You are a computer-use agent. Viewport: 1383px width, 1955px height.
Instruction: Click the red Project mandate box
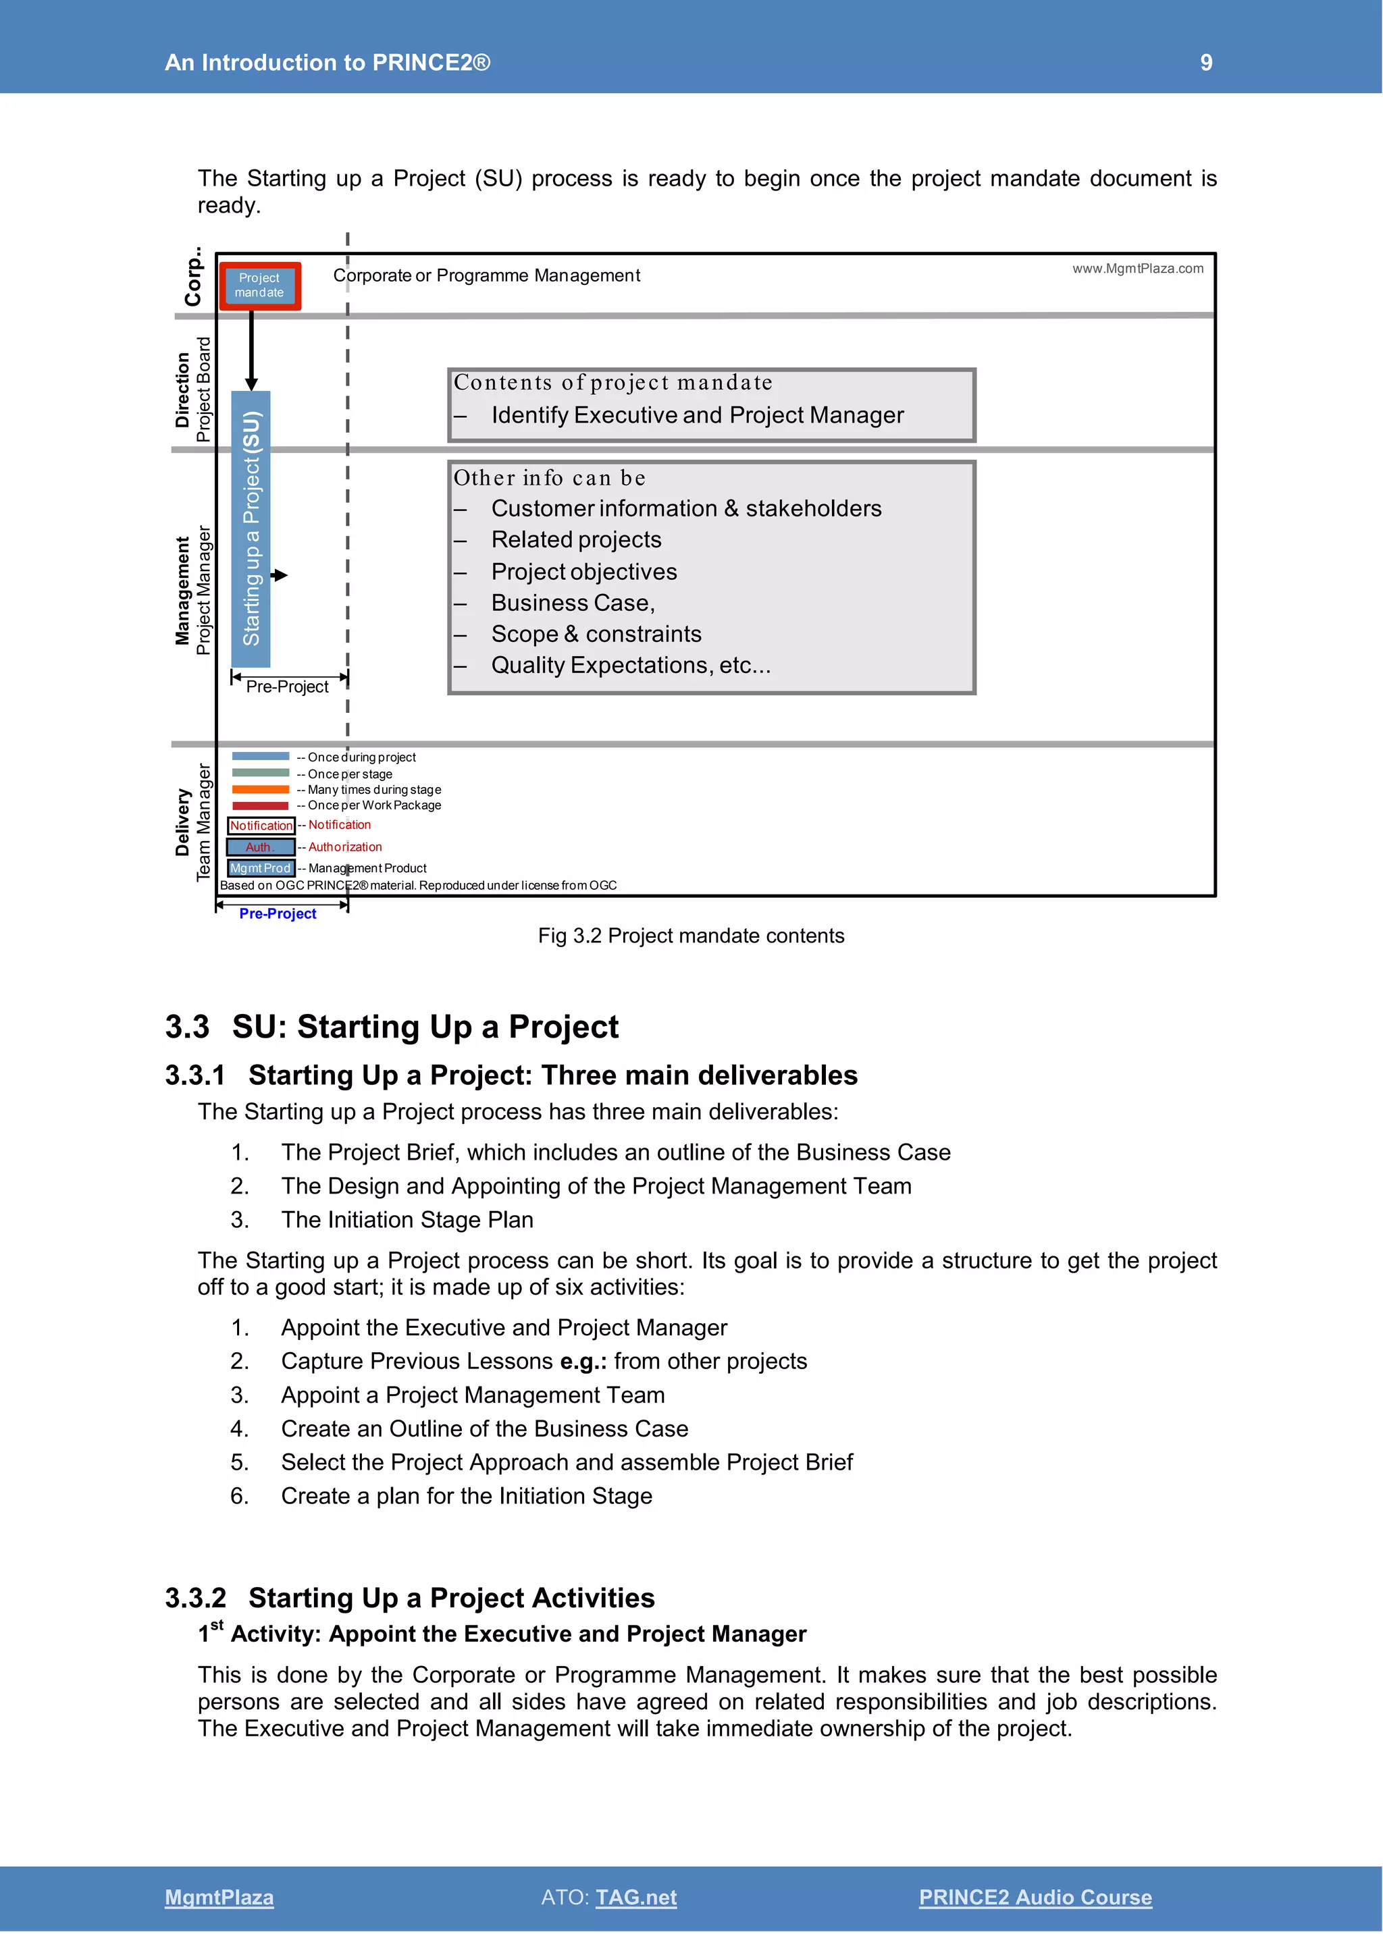coord(260,286)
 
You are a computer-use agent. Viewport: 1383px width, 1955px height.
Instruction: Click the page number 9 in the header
coord(1206,62)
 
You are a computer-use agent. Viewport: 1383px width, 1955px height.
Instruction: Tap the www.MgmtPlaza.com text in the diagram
coord(1137,268)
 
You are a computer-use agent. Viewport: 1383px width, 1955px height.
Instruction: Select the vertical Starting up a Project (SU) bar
coord(251,528)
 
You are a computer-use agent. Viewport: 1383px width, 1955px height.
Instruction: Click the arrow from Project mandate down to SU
coord(251,349)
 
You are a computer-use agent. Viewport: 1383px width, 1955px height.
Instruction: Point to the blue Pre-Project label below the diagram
coord(278,913)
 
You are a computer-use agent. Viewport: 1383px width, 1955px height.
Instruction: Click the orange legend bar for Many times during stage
coord(261,789)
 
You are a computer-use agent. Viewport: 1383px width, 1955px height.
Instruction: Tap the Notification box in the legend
coord(261,825)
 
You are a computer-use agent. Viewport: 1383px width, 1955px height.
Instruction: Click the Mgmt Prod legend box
coord(261,867)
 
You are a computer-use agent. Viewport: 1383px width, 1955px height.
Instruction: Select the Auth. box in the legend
coord(261,847)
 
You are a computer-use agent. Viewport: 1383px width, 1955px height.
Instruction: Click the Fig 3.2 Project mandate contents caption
coord(691,935)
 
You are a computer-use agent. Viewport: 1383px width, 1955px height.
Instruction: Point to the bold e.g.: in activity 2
coord(583,1361)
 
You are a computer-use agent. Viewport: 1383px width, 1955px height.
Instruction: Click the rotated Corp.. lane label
coord(194,277)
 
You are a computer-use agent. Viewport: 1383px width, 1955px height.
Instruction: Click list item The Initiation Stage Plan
coord(407,1219)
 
